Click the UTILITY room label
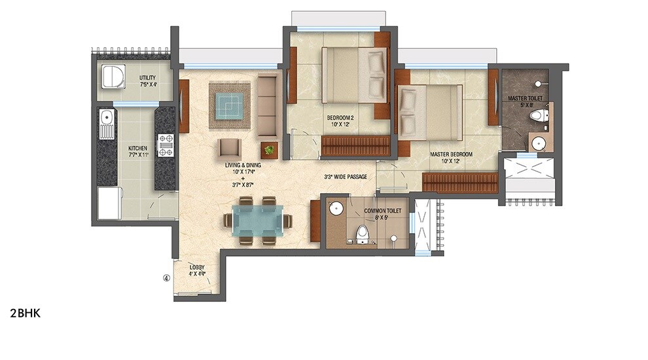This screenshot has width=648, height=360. coord(147,79)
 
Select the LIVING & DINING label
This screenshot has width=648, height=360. coord(242,166)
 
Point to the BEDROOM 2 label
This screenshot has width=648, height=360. coord(340,118)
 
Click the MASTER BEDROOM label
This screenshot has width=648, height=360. coord(452,154)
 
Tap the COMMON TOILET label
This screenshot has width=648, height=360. coord(382,211)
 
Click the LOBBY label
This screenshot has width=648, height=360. coord(197,267)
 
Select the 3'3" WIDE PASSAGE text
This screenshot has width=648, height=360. coord(350,177)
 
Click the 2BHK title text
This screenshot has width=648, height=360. coord(26,313)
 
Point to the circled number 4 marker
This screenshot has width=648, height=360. coord(166,278)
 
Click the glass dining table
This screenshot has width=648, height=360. coord(259,221)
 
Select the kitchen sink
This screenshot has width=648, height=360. coord(107,125)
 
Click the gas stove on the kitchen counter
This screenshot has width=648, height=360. coord(165,145)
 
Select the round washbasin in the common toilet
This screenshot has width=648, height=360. coord(336,209)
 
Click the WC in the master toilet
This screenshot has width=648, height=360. coord(538,117)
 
